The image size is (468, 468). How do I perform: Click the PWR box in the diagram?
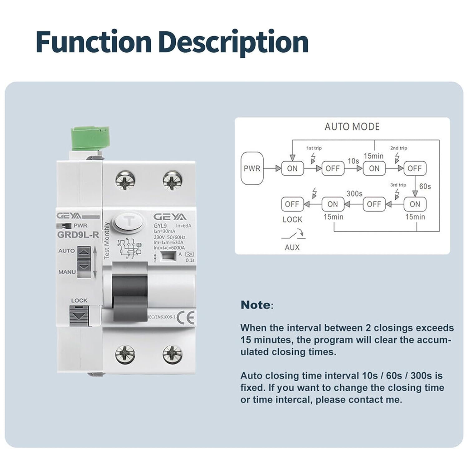(x=252, y=168)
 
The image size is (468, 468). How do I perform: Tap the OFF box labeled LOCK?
(x=292, y=204)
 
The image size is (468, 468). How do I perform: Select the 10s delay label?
(x=353, y=161)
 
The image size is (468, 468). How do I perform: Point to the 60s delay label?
(x=425, y=186)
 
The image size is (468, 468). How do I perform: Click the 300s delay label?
(x=354, y=193)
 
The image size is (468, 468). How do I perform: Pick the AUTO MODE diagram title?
(x=352, y=127)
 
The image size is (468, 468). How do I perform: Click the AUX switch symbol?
(x=293, y=235)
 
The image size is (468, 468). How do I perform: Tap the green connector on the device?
(x=90, y=137)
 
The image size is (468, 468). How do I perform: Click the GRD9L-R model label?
(x=78, y=235)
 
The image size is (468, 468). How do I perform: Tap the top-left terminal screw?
(x=125, y=181)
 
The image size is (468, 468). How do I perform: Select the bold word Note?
(x=256, y=305)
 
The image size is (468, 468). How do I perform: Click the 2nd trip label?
(x=398, y=148)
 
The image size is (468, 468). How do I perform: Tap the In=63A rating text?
(x=183, y=226)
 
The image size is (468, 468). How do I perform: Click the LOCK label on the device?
(x=79, y=300)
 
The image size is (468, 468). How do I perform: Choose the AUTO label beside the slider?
(x=66, y=251)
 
